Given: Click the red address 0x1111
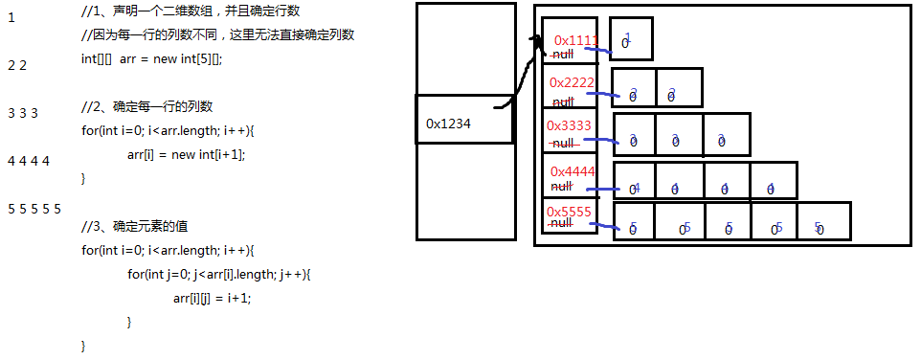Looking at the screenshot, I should click(575, 41).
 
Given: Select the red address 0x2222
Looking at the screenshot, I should click(573, 83).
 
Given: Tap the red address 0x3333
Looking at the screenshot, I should click(569, 125).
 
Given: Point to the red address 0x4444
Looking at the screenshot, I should click(573, 171).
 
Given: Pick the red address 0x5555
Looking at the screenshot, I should click(569, 212).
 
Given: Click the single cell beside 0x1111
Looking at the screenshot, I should click(631, 39).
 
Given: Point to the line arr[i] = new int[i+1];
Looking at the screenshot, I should click(192, 154).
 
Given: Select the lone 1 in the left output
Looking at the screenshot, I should click(11, 17).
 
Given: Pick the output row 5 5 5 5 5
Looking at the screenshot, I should click(34, 208).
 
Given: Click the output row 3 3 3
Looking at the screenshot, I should click(22, 113).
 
